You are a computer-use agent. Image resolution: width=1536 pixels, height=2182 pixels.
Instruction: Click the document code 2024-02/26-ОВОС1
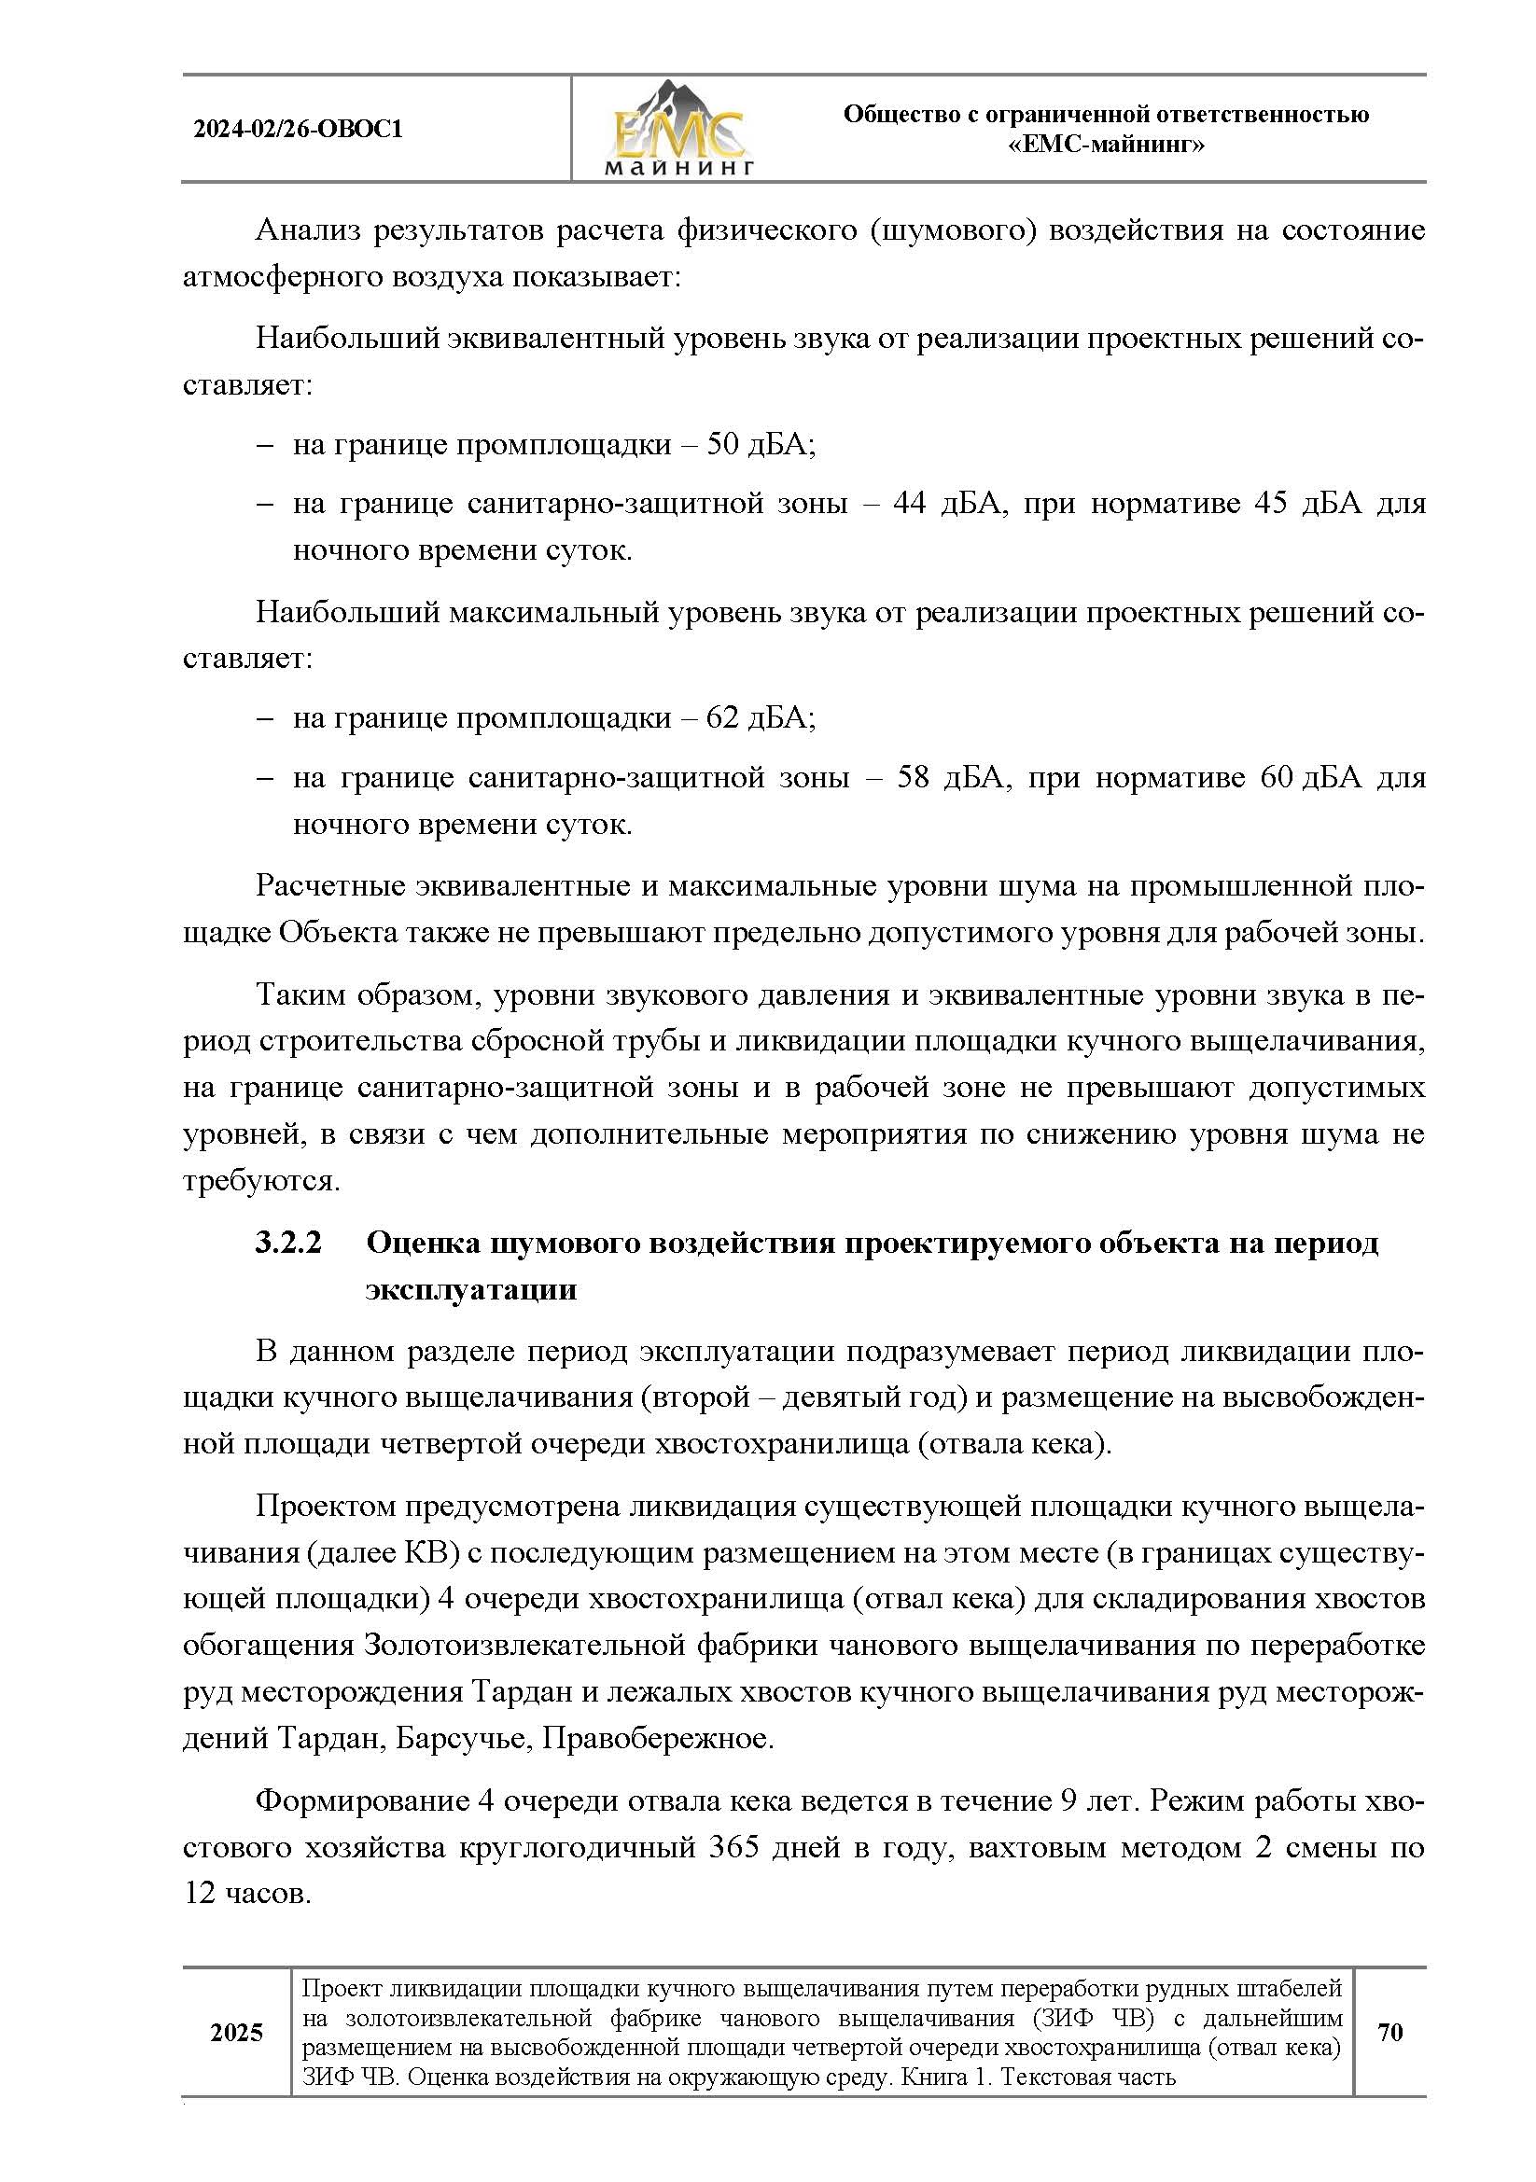tap(298, 130)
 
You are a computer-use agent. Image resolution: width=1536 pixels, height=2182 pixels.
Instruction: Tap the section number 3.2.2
tap(289, 1242)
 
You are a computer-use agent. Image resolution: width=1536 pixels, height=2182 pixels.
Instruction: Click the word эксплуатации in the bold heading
tap(471, 1288)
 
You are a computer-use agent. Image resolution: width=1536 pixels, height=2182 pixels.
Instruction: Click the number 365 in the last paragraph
tap(733, 1847)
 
